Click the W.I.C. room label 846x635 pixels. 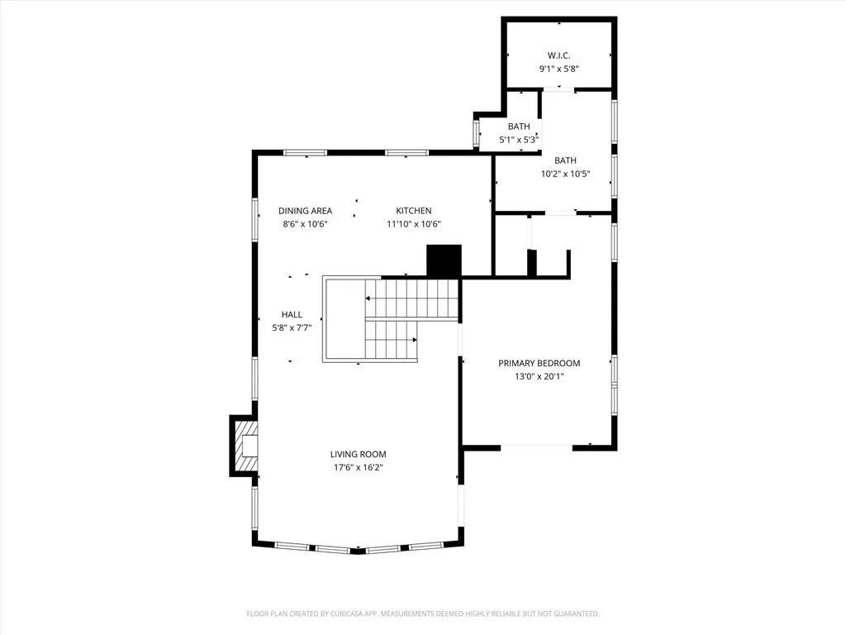click(559, 55)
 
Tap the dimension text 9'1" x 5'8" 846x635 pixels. click(559, 69)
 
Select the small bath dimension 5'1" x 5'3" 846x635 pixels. click(519, 140)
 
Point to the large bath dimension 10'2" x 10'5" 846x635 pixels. click(565, 174)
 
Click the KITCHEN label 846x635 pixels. click(413, 211)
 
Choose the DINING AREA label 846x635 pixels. click(305, 211)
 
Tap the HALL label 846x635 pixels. click(292, 315)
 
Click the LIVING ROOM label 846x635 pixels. click(358, 454)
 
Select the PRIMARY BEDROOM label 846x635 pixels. click(539, 363)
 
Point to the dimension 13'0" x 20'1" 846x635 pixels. click(539, 376)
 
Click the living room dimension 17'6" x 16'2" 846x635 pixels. click(358, 467)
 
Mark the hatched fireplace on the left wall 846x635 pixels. click(246, 446)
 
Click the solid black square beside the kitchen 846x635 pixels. click(444, 261)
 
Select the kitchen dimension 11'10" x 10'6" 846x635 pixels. click(413, 224)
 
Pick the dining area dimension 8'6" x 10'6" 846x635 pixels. click(305, 224)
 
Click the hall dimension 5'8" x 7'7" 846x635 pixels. click(292, 328)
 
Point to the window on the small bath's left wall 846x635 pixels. click(476, 134)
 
